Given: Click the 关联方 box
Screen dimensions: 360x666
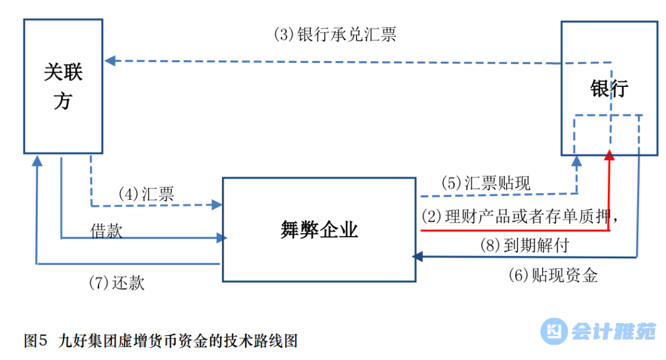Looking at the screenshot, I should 63,86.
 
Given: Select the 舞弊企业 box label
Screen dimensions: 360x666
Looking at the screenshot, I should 319,230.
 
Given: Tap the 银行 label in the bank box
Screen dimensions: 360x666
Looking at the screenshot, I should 609,88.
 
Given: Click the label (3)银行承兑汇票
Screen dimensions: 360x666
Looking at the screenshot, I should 335,34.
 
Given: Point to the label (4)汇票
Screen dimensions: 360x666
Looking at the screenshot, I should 146,194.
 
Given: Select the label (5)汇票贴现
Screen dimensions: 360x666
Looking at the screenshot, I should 485,183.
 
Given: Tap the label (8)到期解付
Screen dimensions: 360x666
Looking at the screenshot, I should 524,245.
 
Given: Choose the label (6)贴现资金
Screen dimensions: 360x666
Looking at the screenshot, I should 553,275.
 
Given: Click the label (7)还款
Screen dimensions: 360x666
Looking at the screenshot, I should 117,282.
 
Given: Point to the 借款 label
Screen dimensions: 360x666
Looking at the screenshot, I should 107,231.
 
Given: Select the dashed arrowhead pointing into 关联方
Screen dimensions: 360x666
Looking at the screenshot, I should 110,60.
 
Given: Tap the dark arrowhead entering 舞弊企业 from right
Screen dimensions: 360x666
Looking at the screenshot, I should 417,256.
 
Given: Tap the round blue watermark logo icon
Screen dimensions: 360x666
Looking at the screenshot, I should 554,332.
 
